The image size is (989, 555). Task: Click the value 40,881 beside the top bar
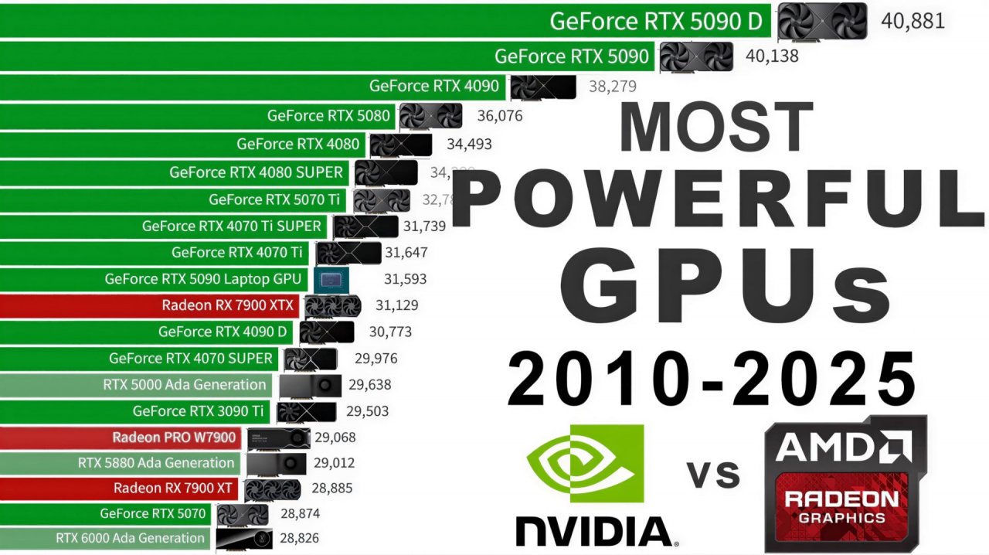click(x=913, y=21)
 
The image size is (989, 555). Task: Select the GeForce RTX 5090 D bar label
click(x=655, y=21)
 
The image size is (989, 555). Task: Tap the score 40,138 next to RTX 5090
click(x=772, y=56)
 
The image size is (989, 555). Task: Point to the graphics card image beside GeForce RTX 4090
click(x=542, y=87)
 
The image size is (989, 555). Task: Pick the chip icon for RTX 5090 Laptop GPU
click(x=330, y=279)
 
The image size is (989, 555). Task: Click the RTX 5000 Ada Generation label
click(x=184, y=384)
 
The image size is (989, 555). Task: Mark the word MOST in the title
click(x=715, y=127)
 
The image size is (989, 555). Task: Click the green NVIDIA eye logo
click(x=585, y=462)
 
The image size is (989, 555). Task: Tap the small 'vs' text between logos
click(x=713, y=472)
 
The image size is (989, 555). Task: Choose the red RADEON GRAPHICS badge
click(x=841, y=507)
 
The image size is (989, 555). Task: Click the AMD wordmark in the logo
click(x=844, y=447)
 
